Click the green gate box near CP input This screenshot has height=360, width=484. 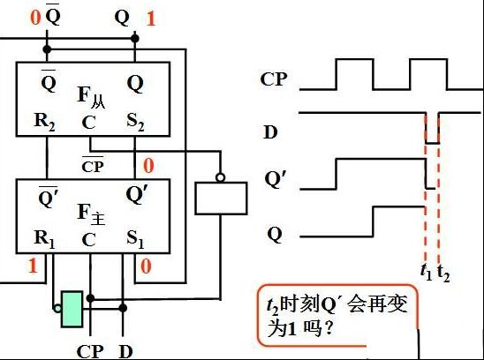coord(72,309)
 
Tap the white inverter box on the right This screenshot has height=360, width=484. coord(221,198)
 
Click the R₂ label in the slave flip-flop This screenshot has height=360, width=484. coord(44,122)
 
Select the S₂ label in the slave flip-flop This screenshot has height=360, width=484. coord(135,122)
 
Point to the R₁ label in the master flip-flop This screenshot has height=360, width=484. coord(44,239)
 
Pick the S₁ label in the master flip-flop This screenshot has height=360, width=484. coord(135,239)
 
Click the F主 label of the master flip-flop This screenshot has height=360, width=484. coord(91,214)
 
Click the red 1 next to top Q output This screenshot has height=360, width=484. coord(151,19)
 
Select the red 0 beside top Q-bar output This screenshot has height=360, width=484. coord(35,18)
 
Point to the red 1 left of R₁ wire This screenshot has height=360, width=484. coord(33,266)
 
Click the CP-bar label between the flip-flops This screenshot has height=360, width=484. coord(93,165)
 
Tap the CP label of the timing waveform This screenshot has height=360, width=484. coord(274,79)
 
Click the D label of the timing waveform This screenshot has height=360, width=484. coord(271,132)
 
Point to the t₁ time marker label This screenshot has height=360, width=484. coord(427,272)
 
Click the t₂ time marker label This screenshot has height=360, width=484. coord(443,273)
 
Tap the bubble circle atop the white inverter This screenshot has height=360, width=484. coord(221,178)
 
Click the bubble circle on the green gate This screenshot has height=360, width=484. coord(57,308)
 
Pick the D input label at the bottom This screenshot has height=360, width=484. coord(126,352)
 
